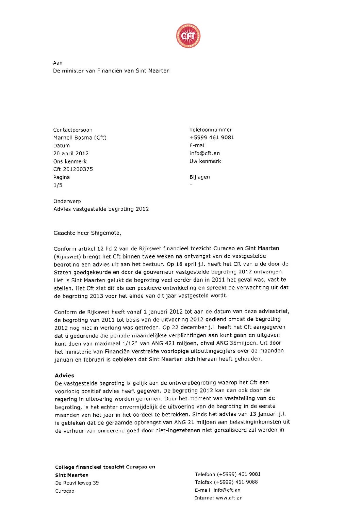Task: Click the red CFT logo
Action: coord(188,36)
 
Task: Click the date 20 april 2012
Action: coord(71,154)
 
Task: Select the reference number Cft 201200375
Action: coord(73,169)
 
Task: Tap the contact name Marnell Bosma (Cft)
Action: coord(80,138)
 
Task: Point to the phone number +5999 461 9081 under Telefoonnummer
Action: coord(212,138)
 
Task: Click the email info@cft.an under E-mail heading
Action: coord(204,153)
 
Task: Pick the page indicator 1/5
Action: coord(58,185)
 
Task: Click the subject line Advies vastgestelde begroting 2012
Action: coord(101,209)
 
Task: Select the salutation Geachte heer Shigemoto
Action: coord(87,233)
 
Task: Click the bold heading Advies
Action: coord(64,376)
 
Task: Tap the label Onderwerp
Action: coord(67,201)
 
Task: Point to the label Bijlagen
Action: coord(200,177)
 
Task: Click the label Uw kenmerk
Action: coord(205,161)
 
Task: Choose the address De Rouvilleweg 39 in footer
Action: coord(77,483)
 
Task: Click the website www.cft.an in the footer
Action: coord(229,498)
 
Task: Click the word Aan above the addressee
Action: coord(58,63)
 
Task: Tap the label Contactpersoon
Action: coord(72,130)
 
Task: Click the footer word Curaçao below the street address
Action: coord(65,491)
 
